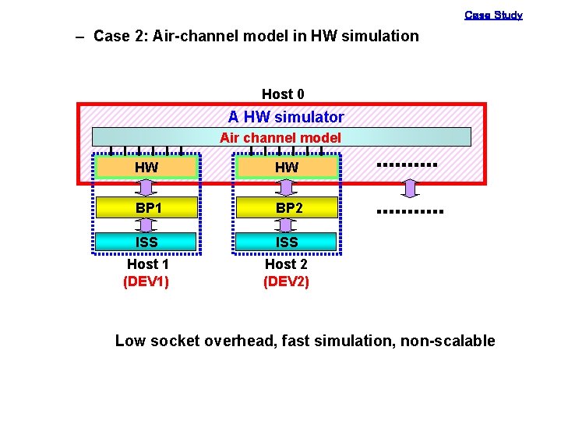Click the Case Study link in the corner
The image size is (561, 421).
(x=493, y=15)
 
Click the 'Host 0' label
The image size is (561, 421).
(x=283, y=94)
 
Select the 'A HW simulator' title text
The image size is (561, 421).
(x=286, y=117)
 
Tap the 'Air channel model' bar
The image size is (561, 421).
(x=281, y=137)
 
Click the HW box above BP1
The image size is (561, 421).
(x=146, y=167)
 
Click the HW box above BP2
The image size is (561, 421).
(x=287, y=167)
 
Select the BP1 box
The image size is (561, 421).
(x=146, y=208)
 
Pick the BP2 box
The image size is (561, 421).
(x=287, y=208)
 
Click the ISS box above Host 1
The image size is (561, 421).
(x=146, y=242)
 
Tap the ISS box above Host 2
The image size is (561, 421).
(x=287, y=242)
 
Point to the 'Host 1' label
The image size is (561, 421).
(x=147, y=264)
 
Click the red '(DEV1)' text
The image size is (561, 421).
(x=146, y=281)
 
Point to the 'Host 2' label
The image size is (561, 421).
(x=286, y=264)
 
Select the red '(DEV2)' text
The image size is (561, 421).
(x=286, y=281)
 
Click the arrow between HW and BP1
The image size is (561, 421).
(x=146, y=187)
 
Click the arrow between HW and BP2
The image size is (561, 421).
(x=287, y=187)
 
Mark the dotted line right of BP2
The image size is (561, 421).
(x=409, y=212)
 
